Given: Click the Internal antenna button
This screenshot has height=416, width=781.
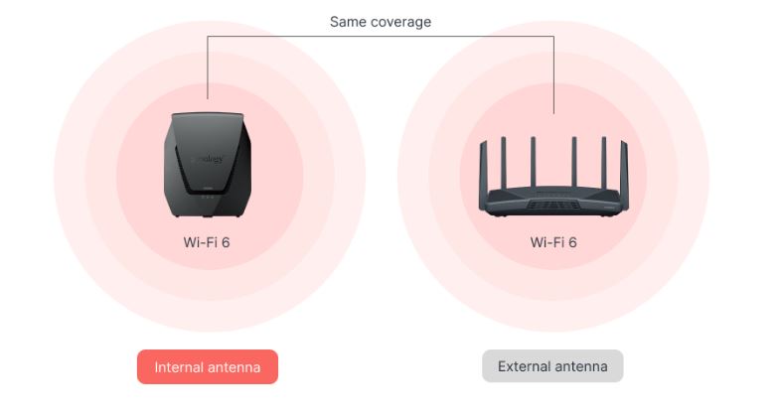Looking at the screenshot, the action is coord(208,366).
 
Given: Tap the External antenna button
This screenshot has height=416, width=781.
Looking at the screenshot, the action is coord(552,366).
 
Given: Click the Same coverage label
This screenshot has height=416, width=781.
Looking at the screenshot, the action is coord(381,22).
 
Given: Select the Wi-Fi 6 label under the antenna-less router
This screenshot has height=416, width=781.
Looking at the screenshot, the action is coord(207,242).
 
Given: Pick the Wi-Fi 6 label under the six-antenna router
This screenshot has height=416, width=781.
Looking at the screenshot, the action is coord(553,242).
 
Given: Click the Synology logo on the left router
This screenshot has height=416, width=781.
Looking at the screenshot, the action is coord(209,159).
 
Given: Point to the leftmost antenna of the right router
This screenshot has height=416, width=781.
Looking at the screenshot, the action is coord(483,174).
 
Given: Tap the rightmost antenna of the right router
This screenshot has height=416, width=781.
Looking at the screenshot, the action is coord(625,174).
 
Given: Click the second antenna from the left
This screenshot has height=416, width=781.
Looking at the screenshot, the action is coord(504,163).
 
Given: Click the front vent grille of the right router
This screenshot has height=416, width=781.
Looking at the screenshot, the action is coord(553,205).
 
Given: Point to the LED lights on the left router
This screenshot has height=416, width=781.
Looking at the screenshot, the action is coord(208,197).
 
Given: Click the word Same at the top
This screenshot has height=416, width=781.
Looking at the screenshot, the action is coord(348,22).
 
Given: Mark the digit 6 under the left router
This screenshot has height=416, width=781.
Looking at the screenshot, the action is coord(226,242).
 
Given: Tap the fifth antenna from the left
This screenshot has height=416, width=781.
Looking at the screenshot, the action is coord(604,163).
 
